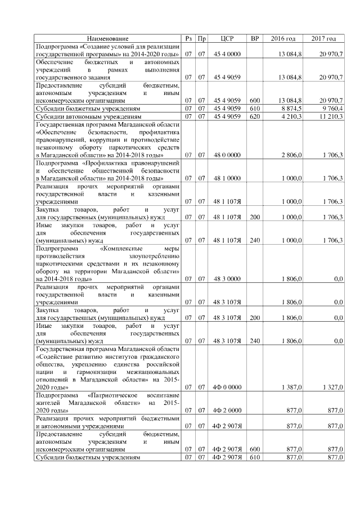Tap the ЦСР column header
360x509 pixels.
[227, 38]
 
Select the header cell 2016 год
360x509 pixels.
[282, 38]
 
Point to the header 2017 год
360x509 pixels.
[323, 38]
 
